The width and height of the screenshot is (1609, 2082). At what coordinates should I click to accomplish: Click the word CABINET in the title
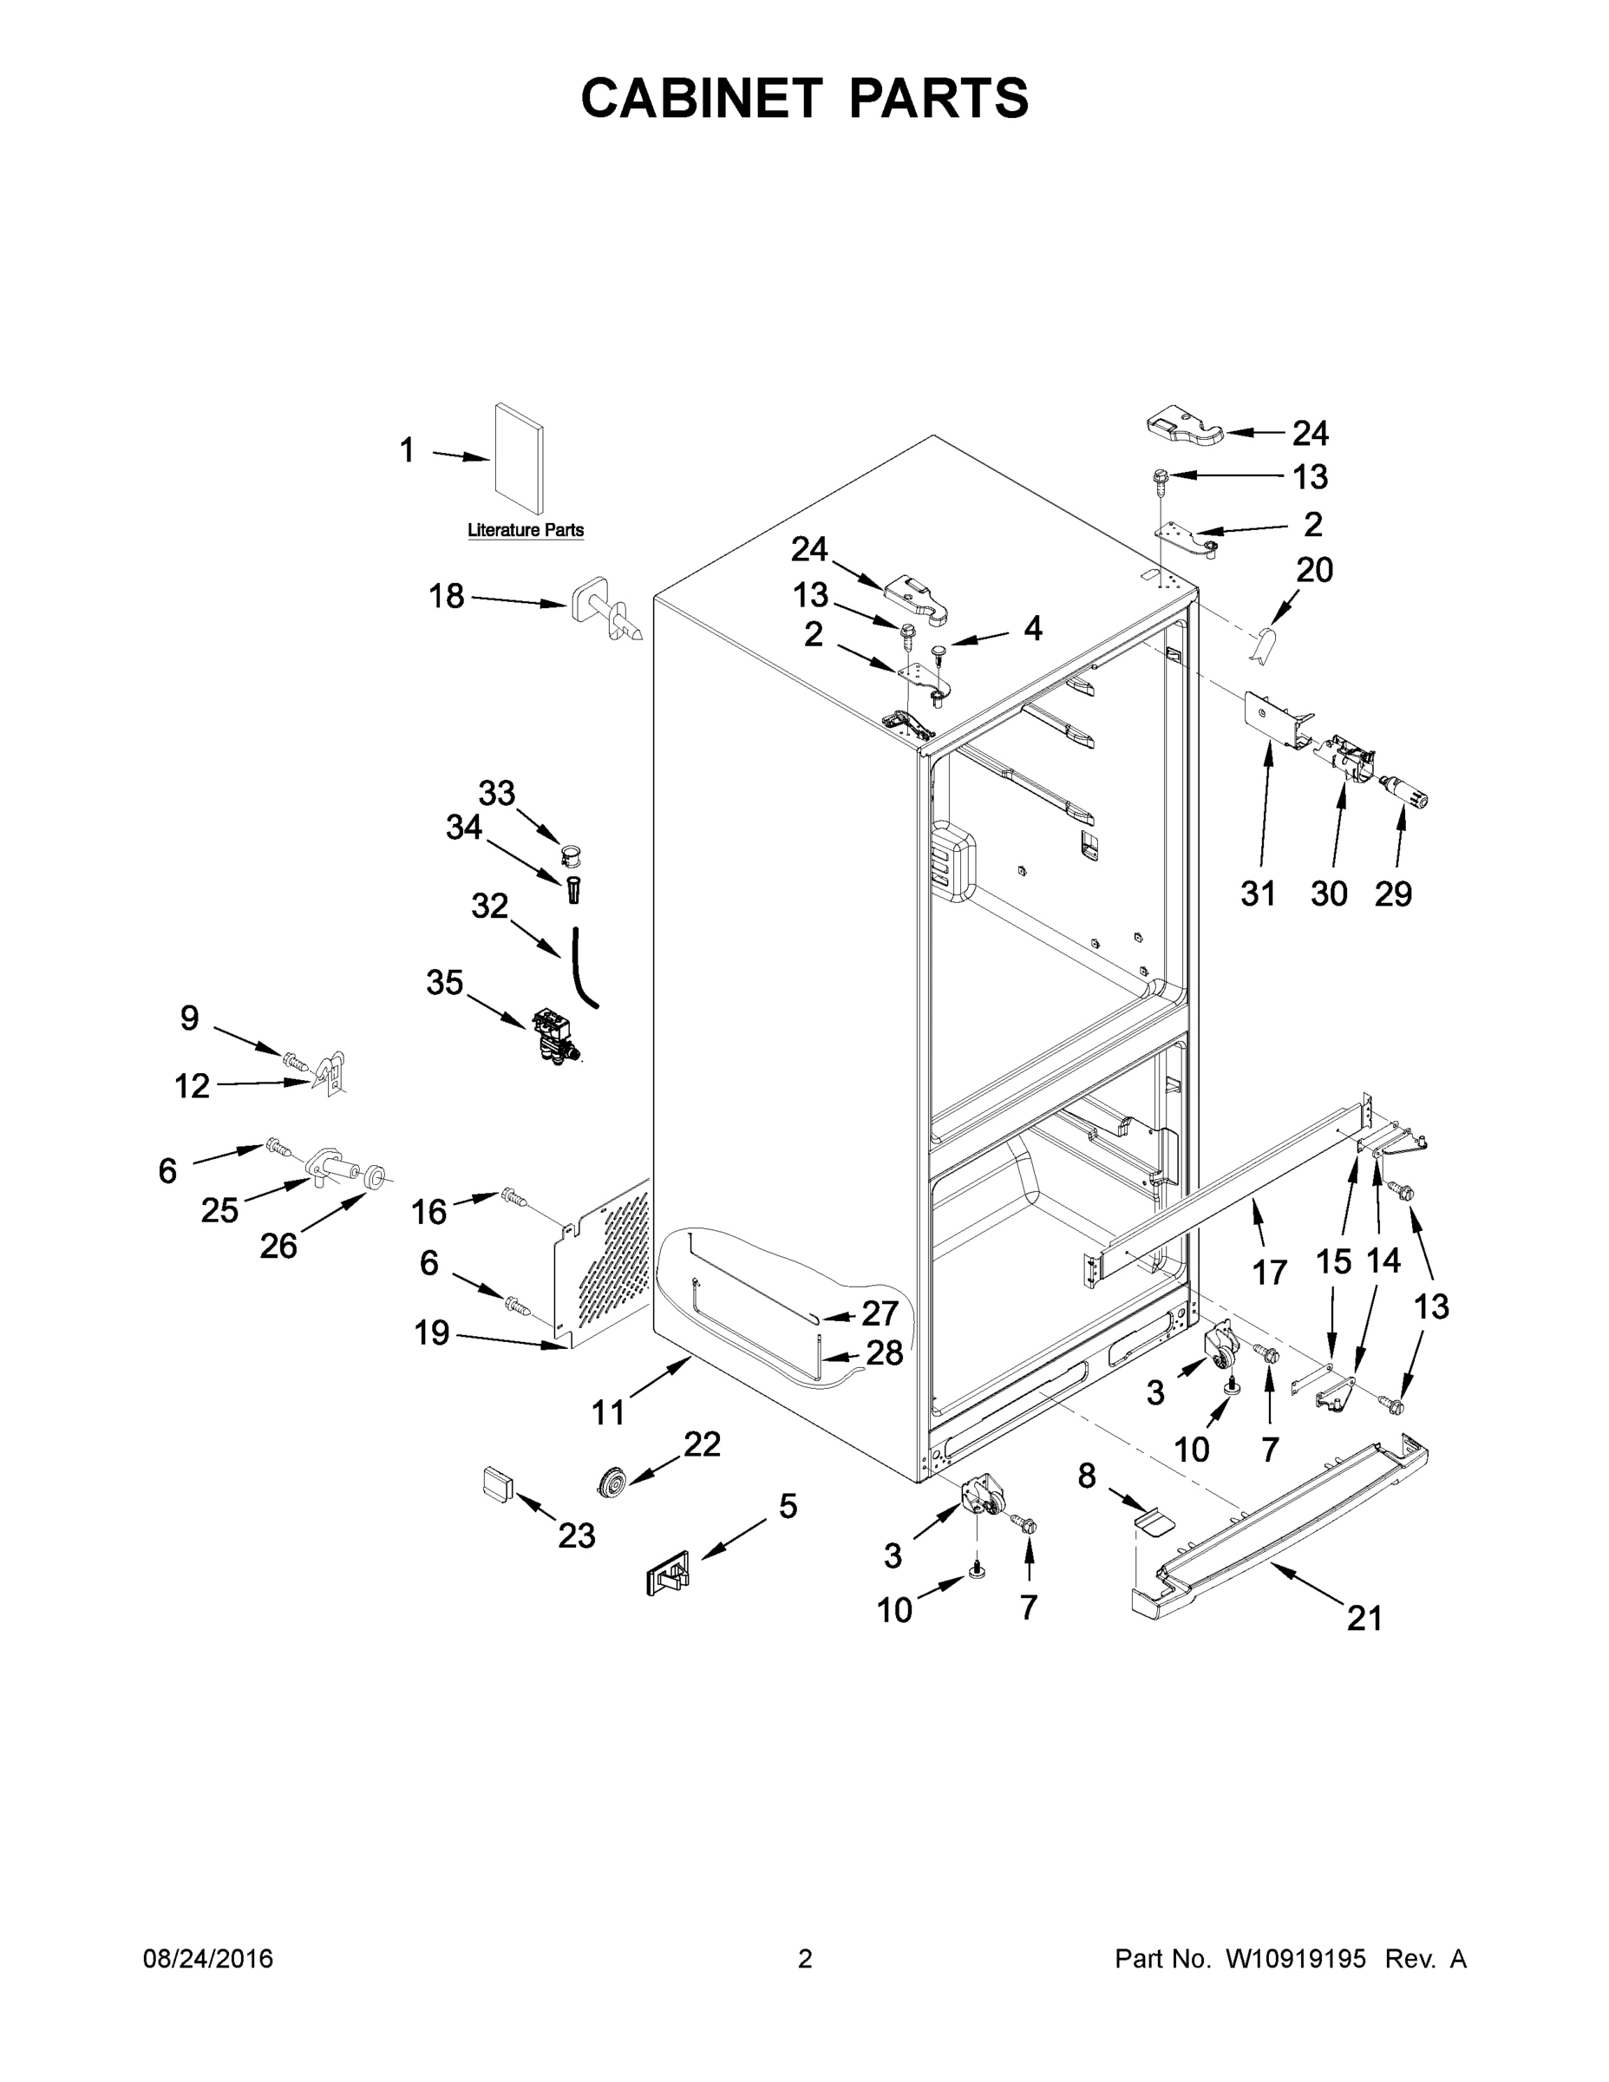[702, 98]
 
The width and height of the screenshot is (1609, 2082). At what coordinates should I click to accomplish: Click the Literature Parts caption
[526, 530]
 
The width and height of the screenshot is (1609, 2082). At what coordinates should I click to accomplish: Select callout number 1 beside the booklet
[407, 451]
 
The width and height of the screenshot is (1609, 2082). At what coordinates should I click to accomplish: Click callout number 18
[446, 597]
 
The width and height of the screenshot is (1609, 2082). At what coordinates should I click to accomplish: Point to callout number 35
[444, 983]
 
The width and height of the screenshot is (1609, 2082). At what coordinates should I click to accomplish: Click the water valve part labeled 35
[553, 1035]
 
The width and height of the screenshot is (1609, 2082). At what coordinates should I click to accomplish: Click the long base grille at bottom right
[1278, 1525]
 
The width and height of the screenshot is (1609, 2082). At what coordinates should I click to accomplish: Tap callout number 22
[702, 1444]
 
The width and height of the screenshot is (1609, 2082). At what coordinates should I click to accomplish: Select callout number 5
[788, 1506]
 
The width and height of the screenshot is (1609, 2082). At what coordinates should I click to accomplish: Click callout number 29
[1393, 894]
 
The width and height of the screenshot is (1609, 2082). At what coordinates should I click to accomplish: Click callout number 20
[1314, 570]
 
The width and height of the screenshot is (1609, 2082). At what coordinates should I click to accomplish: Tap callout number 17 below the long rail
[1270, 1272]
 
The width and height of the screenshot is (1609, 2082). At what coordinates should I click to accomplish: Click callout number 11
[608, 1411]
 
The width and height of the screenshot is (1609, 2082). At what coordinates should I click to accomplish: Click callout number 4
[1032, 628]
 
